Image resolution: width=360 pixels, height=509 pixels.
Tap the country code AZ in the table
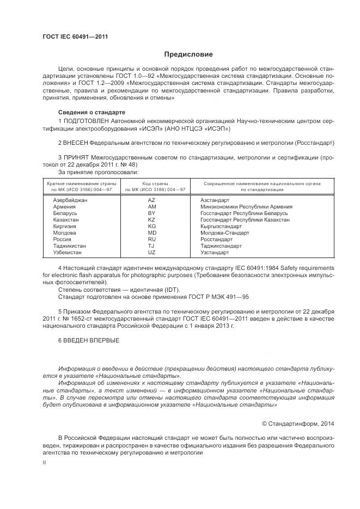tap(152, 200)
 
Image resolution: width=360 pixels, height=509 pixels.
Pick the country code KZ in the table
tap(152, 219)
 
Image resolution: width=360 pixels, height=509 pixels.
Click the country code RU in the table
tap(152, 239)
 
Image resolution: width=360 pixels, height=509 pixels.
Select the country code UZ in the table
tap(152, 252)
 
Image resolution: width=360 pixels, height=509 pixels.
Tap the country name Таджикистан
tap(69, 246)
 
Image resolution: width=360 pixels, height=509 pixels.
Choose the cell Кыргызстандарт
tap(221, 226)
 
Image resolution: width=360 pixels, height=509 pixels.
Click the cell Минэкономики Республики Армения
tap(246, 207)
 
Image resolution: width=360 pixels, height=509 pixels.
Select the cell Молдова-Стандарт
tap(224, 232)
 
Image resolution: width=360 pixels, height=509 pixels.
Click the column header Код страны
tap(155, 184)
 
